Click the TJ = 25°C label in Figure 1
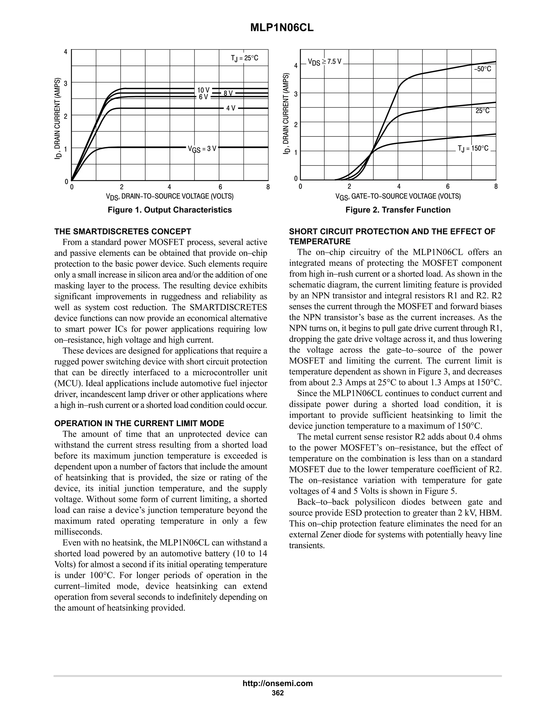244,58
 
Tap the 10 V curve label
203,90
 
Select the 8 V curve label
228,94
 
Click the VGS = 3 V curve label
202,148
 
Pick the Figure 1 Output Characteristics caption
170,210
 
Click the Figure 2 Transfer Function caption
398,210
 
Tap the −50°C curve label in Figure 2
482,69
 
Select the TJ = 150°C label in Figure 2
473,148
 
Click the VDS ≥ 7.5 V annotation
324,62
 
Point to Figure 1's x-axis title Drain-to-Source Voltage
170,196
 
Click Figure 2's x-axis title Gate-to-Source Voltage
398,196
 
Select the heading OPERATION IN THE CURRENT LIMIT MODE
139,423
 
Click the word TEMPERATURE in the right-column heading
320,242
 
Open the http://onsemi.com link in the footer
278,683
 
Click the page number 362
278,693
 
